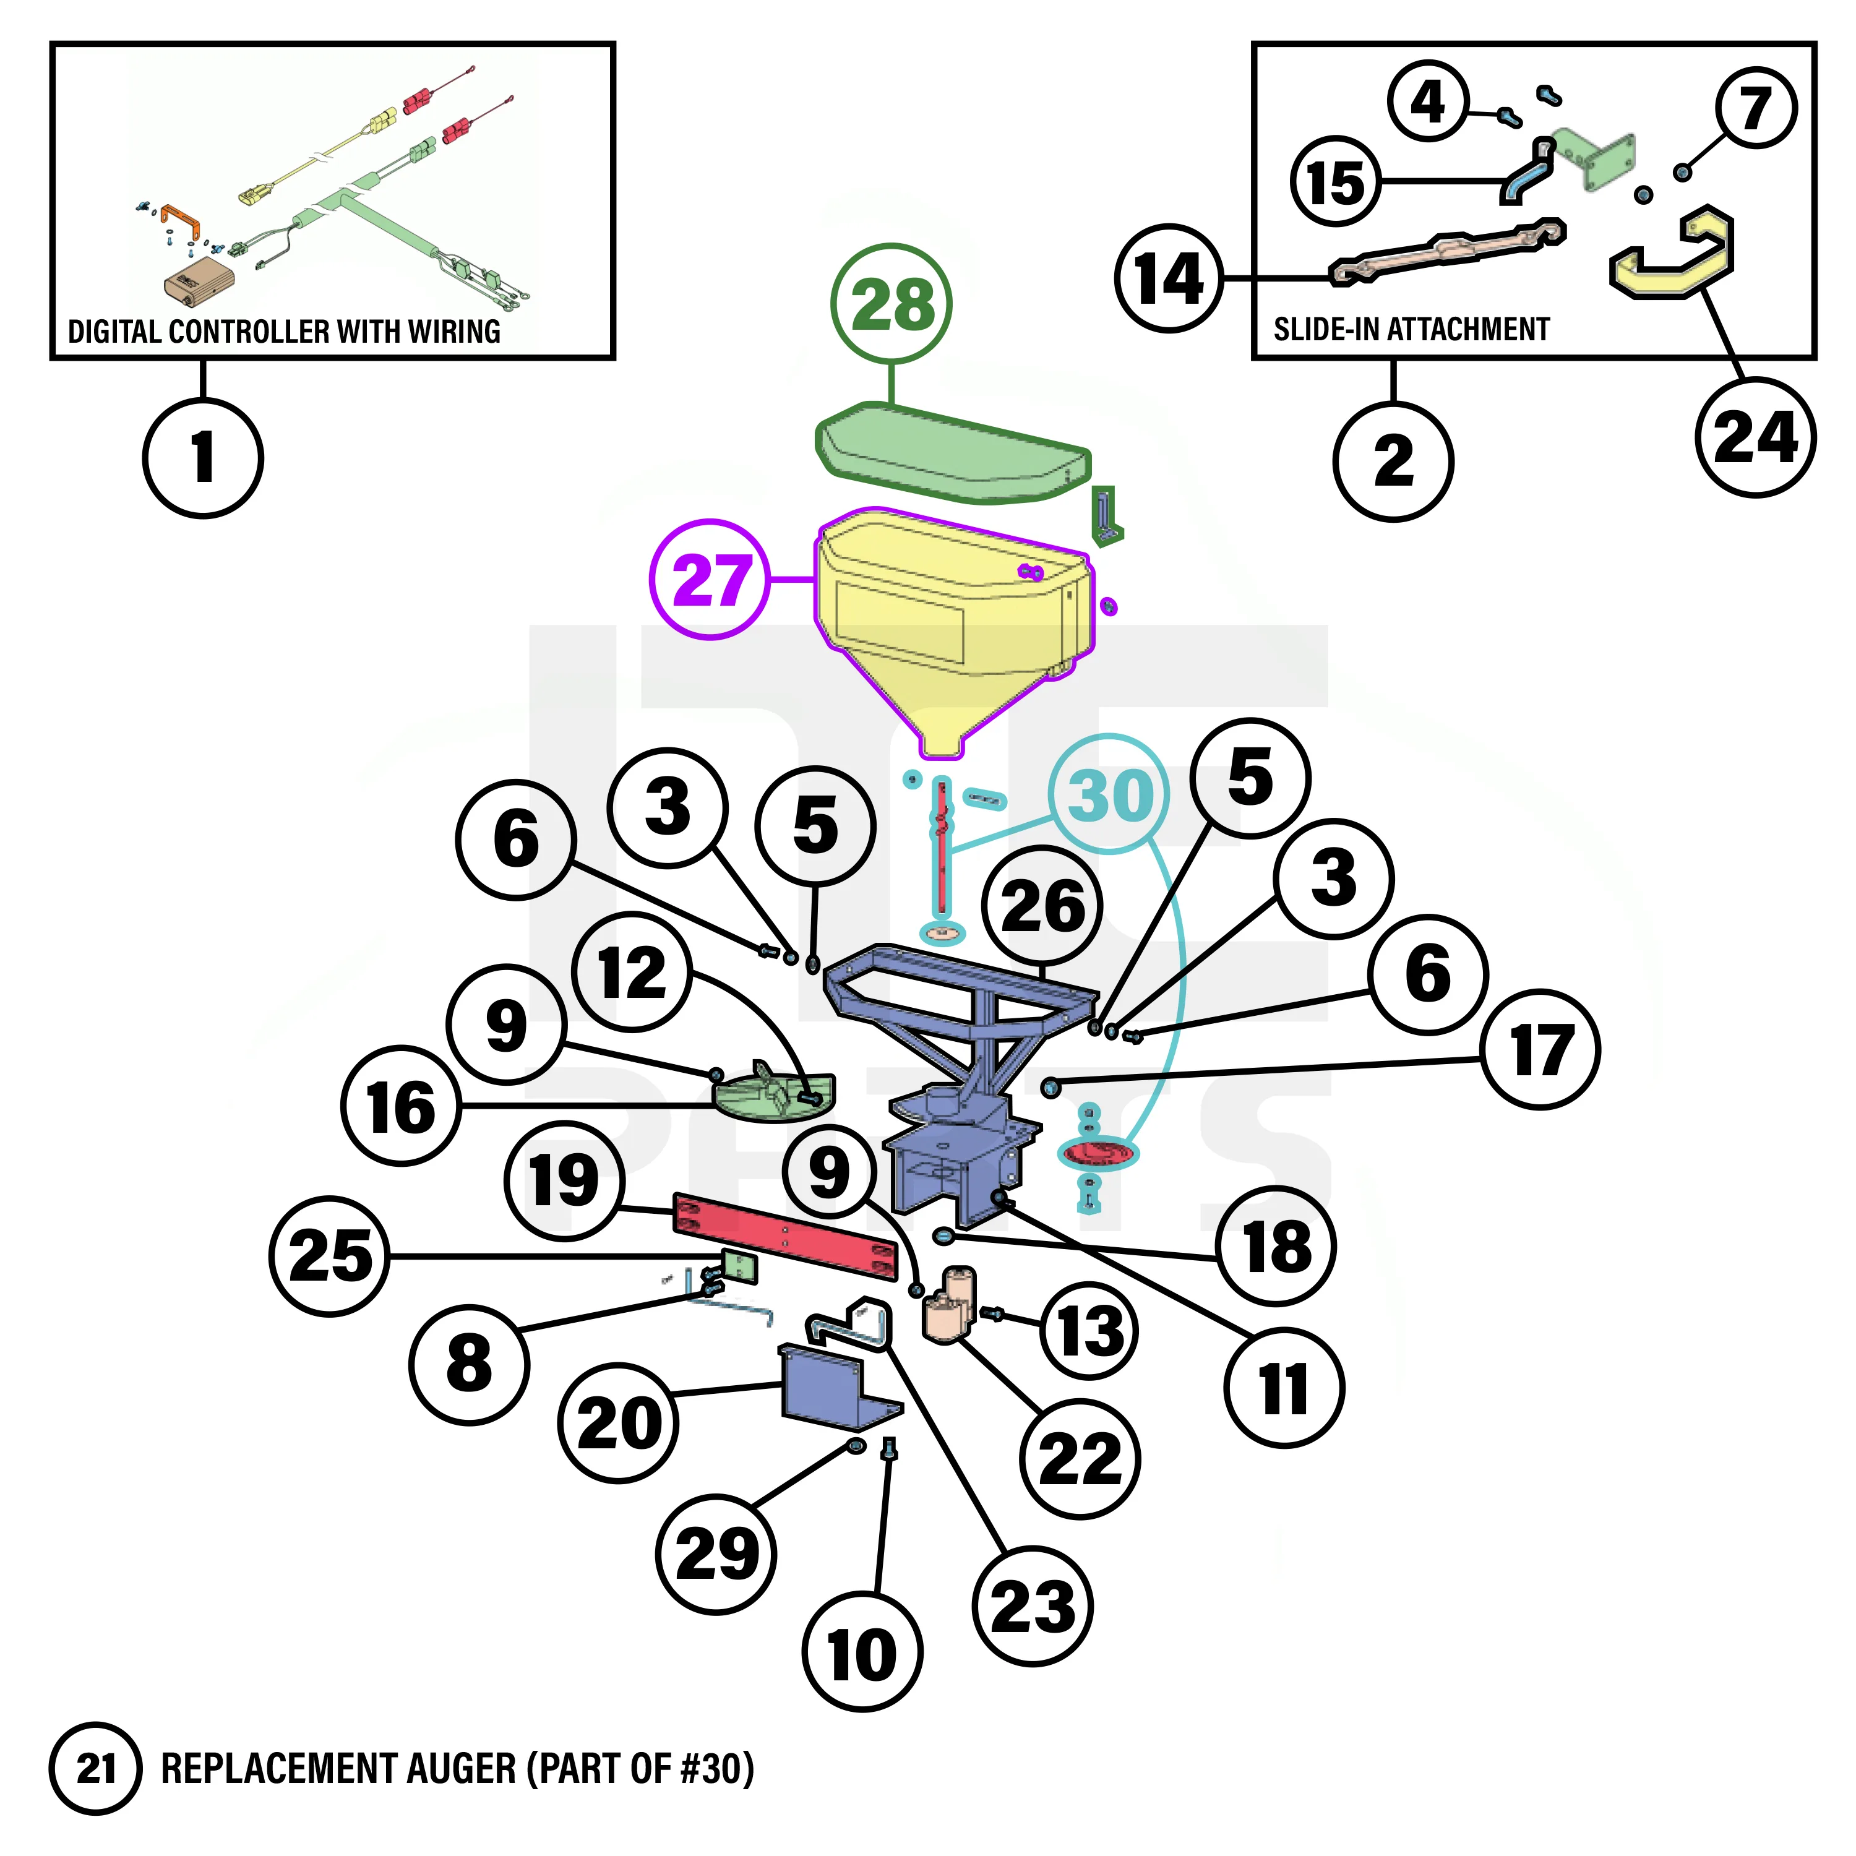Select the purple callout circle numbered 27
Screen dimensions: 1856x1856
point(710,579)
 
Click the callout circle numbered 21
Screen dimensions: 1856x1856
point(95,1769)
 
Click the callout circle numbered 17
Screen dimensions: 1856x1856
point(1541,1049)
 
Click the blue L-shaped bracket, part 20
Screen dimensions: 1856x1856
point(826,1385)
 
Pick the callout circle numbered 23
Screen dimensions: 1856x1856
point(1032,1605)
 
